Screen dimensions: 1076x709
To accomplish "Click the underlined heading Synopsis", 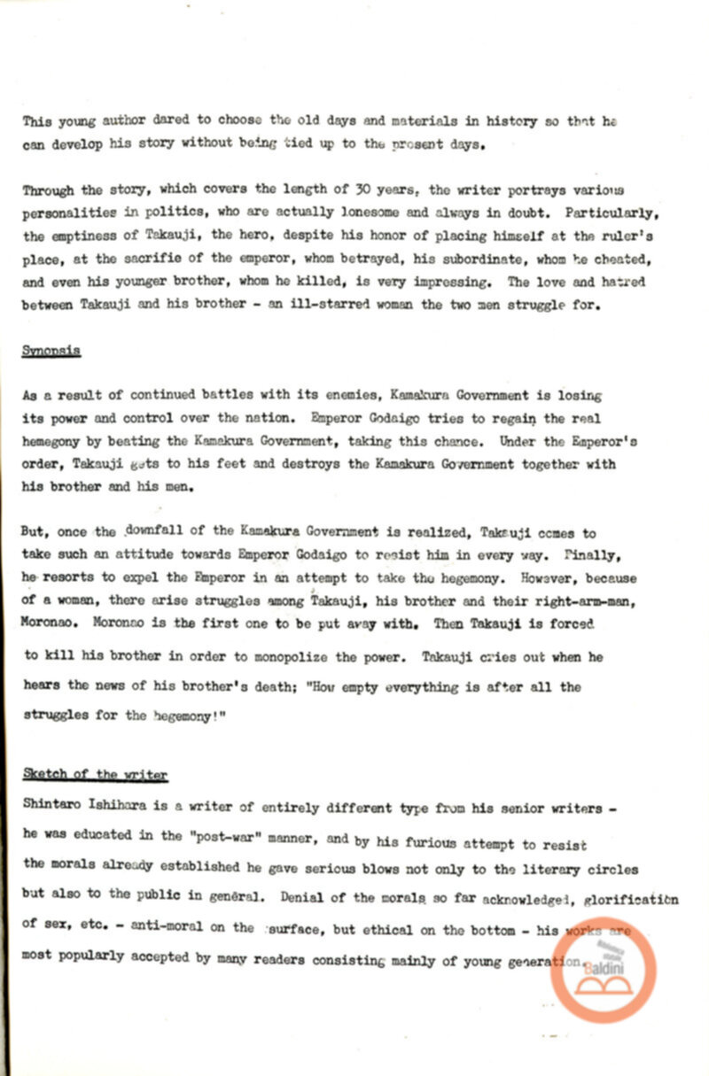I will coord(51,351).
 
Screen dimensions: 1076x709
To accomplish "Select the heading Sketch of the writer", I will coord(95,775).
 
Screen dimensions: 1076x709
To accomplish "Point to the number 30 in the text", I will coord(337,190).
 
